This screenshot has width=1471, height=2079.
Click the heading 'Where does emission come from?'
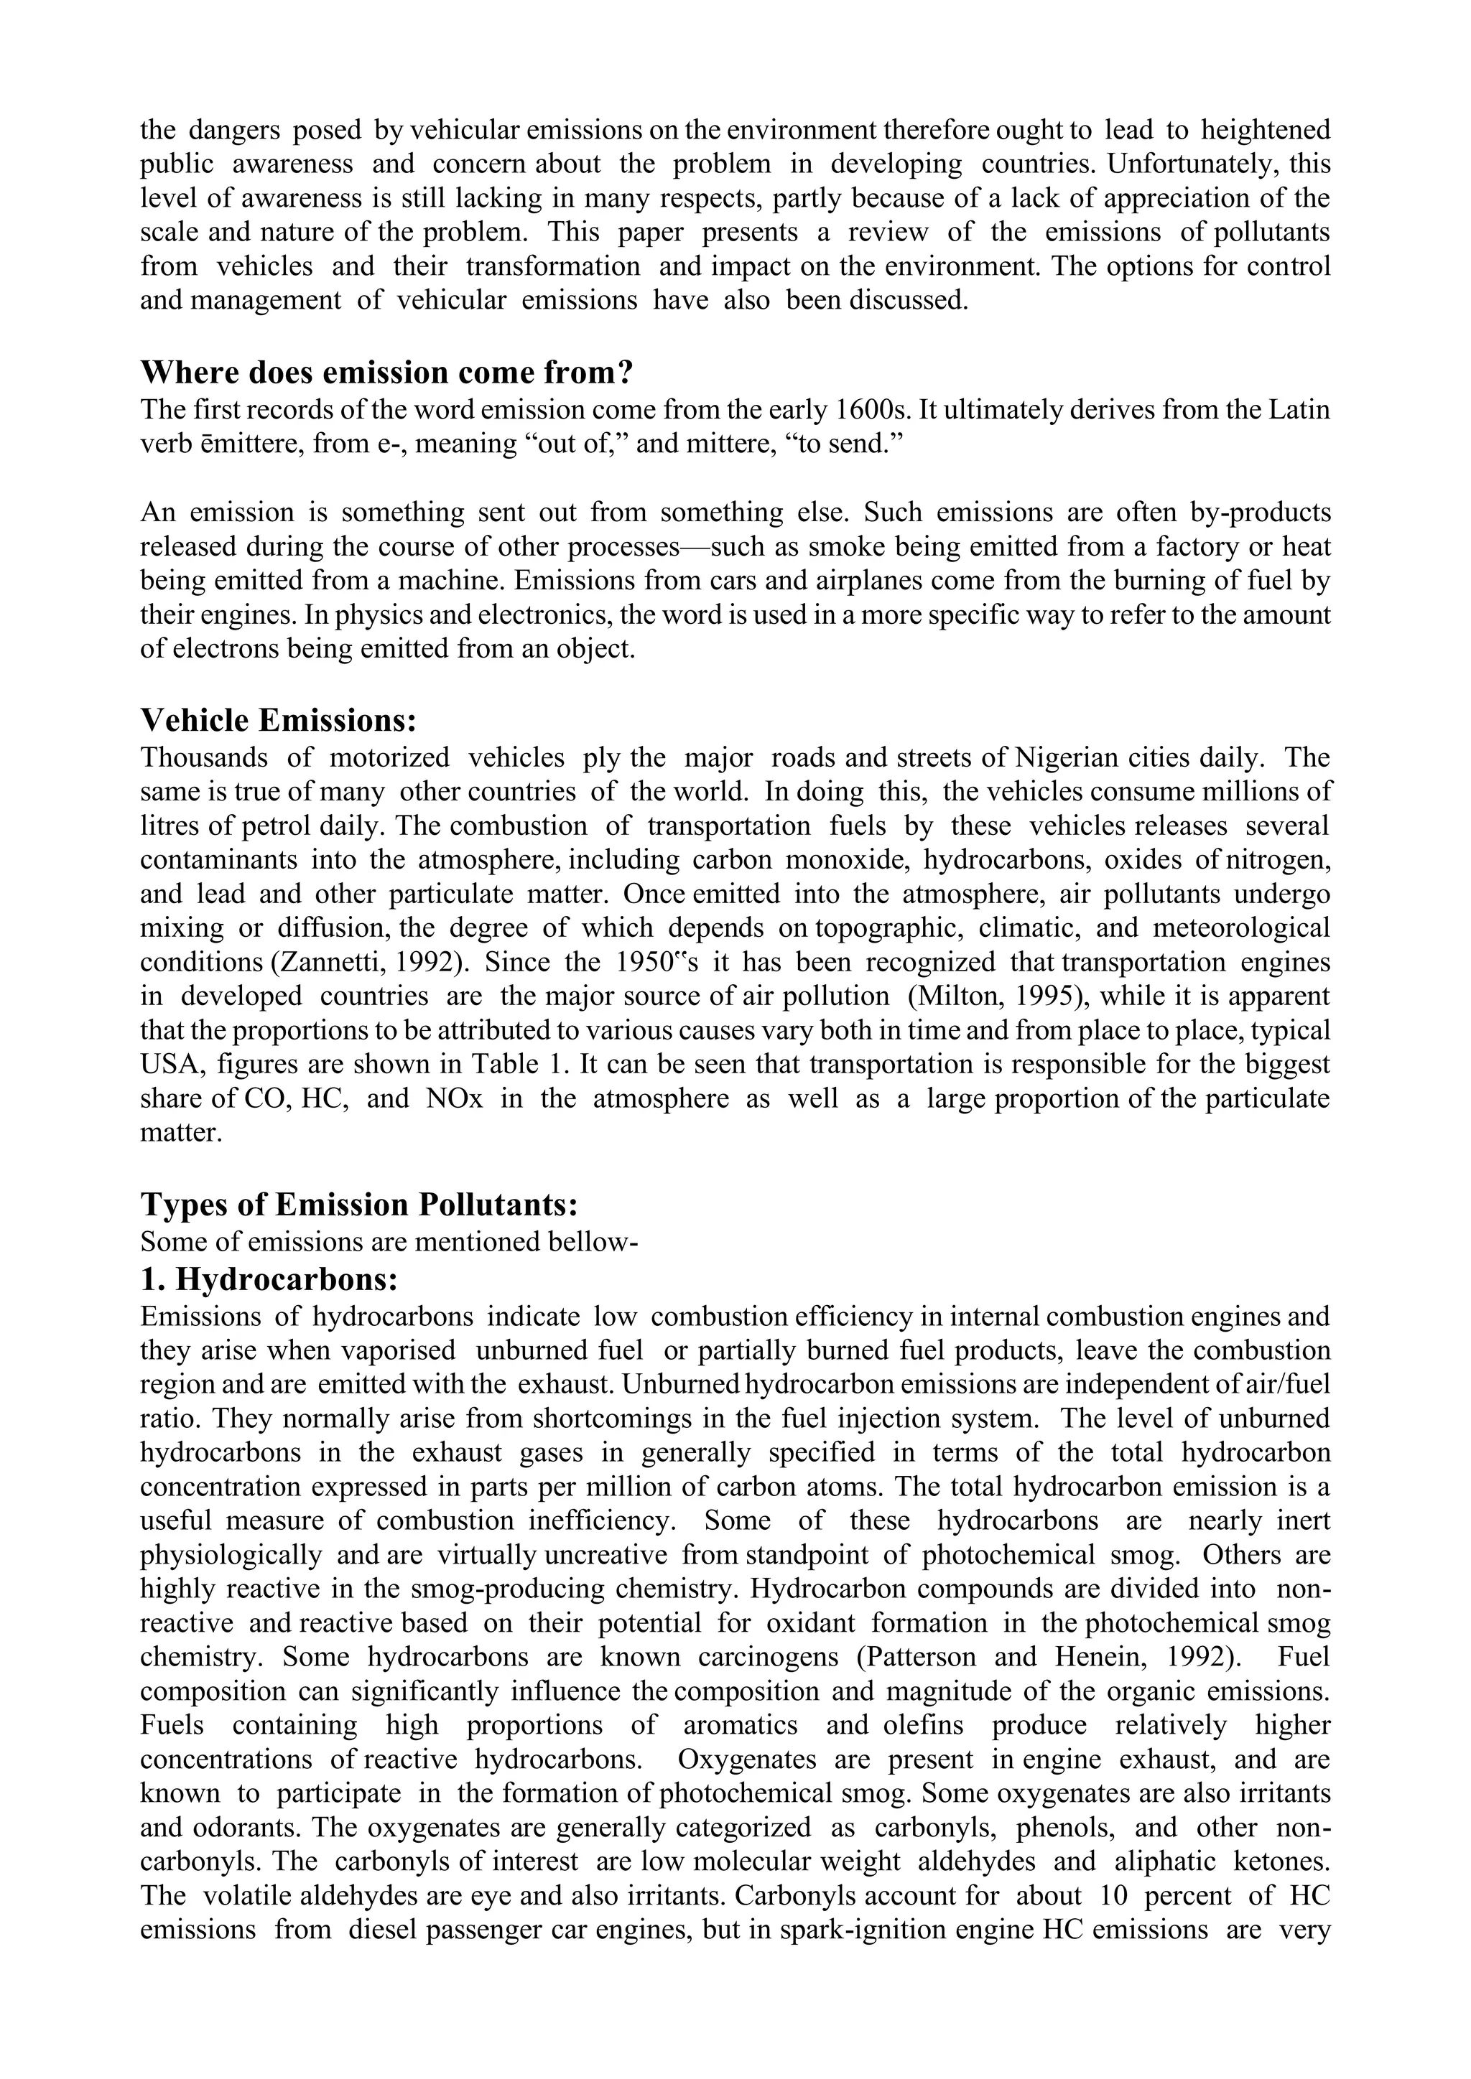pos(386,373)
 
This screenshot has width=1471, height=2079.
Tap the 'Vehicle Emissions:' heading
pos(279,721)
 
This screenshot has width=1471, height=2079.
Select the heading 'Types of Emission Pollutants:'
pos(360,1205)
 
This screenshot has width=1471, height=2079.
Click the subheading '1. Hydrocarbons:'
pos(270,1279)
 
